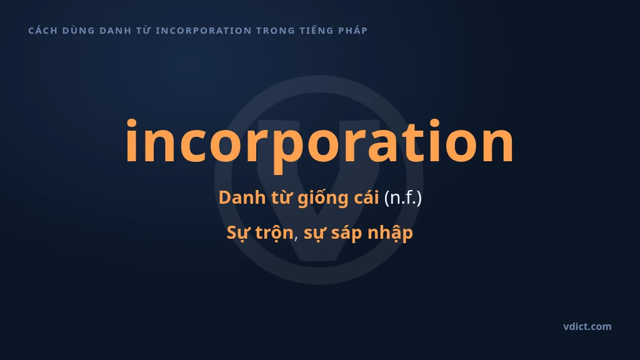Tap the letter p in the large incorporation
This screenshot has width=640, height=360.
[283, 149]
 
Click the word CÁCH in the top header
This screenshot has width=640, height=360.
[43, 31]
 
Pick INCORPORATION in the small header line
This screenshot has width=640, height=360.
[204, 31]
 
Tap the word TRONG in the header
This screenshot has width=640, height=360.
[276, 31]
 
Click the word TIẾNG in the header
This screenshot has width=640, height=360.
[316, 31]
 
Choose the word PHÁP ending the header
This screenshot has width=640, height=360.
[353, 31]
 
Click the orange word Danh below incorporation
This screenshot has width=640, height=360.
[242, 197]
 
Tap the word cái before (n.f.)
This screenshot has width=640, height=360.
[366, 197]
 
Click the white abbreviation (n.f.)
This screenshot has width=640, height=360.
[403, 198]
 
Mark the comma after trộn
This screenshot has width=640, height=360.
[296, 238]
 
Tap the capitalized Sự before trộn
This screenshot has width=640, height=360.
[239, 233]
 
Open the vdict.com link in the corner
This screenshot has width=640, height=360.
[587, 326]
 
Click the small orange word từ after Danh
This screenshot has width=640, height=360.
[281, 197]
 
